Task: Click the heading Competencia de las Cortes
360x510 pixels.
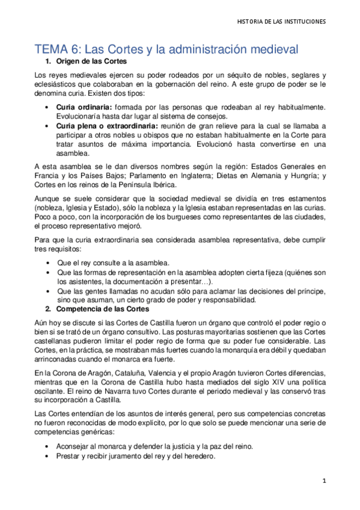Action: (102, 309)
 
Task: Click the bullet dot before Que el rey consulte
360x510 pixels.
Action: (47, 263)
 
